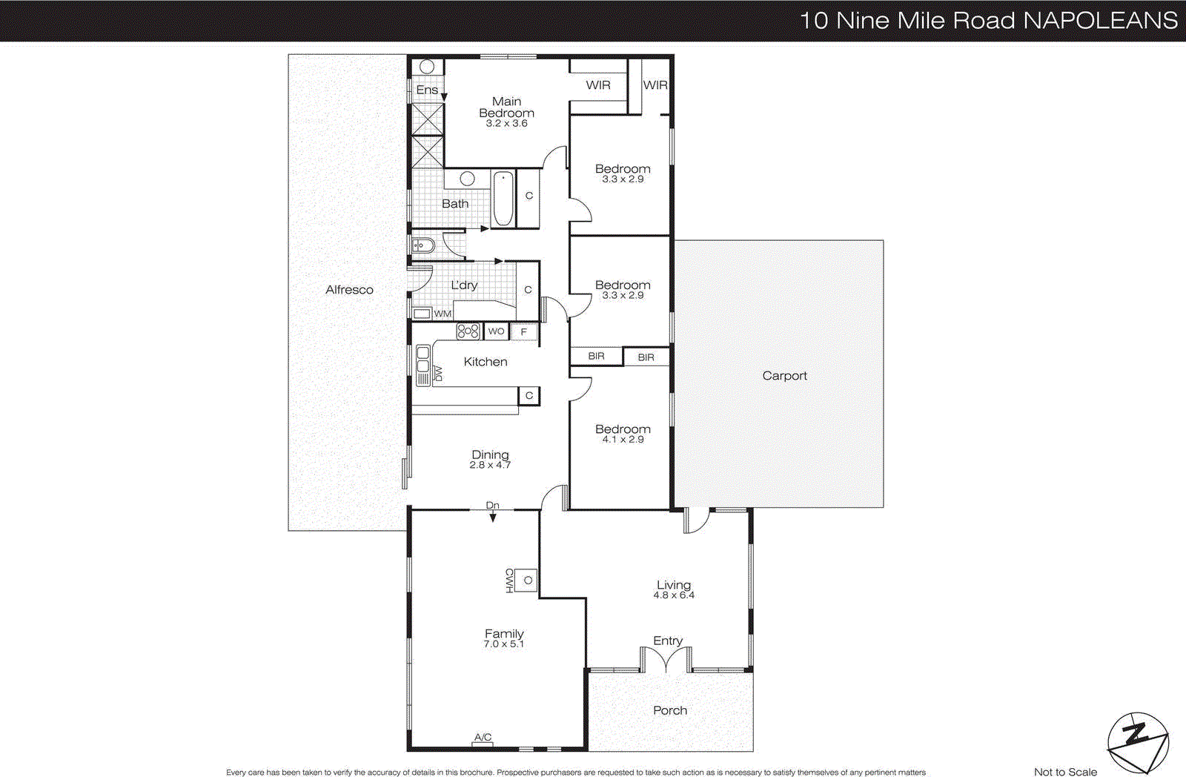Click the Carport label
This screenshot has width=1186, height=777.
tap(784, 376)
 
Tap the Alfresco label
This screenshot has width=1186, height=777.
tap(349, 290)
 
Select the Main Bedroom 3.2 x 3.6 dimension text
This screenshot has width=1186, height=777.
tap(506, 124)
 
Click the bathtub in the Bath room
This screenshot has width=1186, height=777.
tap(503, 198)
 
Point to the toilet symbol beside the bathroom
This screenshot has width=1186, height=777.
tap(421, 245)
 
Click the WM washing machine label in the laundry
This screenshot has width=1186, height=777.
tap(443, 314)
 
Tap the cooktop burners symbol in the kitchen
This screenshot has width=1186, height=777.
tap(468, 331)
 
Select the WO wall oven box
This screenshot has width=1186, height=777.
tap(496, 331)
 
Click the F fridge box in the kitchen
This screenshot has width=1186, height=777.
tap(524, 332)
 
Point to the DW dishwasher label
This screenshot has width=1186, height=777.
tap(438, 374)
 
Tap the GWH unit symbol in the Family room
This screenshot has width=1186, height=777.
tap(526, 581)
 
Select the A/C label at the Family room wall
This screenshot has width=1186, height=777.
tap(483, 737)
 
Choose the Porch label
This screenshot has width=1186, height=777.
tap(669, 710)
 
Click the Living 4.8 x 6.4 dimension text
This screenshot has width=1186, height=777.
tap(673, 595)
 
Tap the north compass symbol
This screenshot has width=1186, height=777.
tap(1137, 742)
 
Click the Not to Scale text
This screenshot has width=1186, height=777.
tap(1064, 772)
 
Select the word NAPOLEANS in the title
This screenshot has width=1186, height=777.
tap(1100, 20)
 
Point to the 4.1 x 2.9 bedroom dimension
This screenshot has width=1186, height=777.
tap(623, 440)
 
